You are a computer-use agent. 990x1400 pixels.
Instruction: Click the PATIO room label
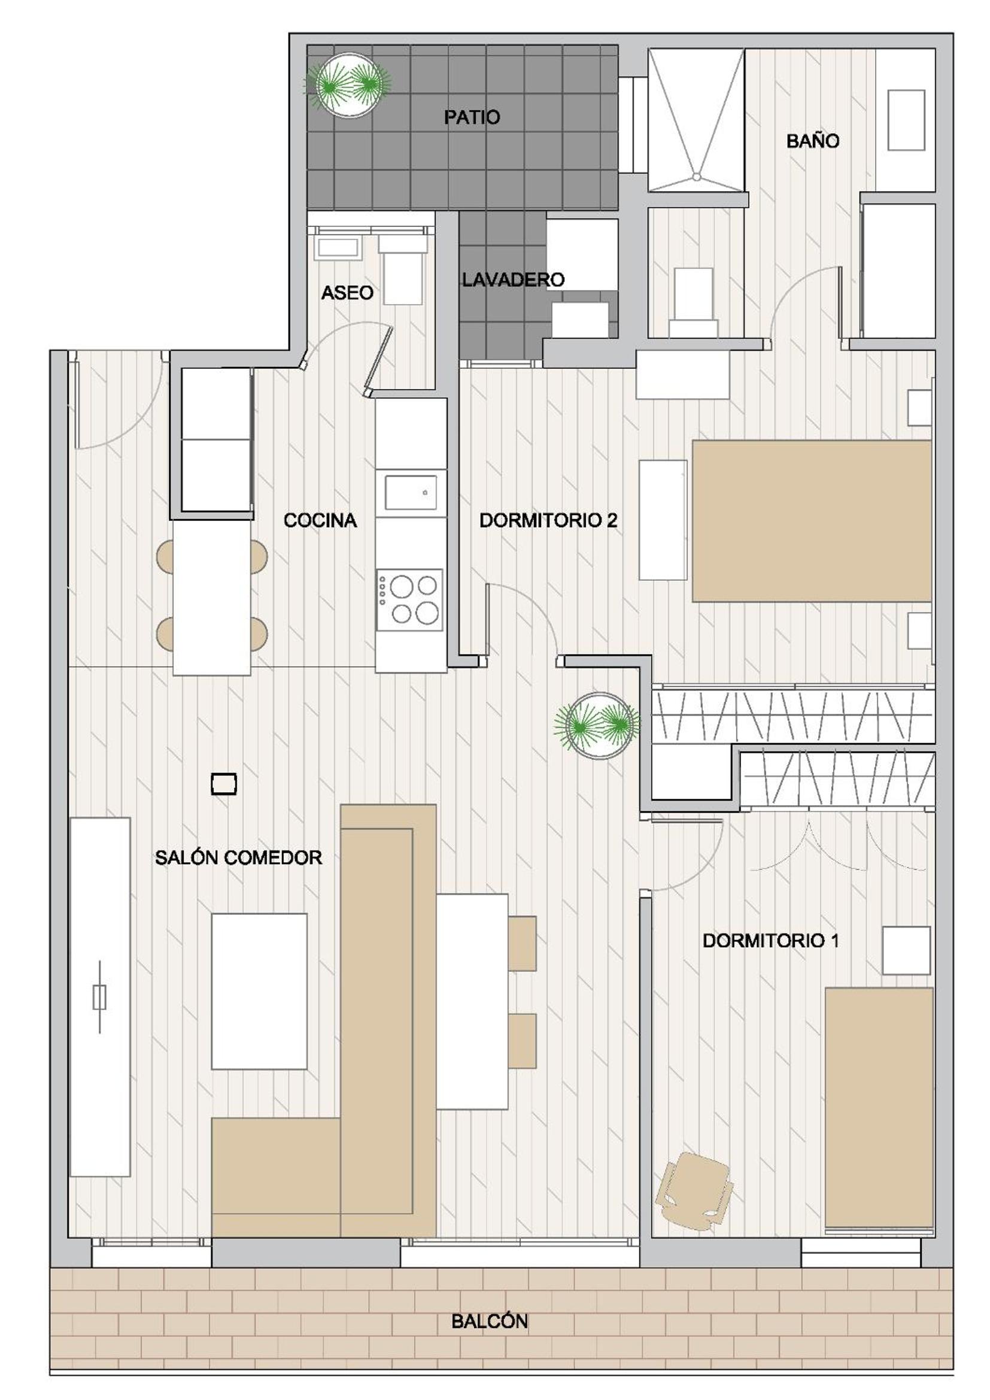point(472,117)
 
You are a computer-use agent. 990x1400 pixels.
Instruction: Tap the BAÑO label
point(813,141)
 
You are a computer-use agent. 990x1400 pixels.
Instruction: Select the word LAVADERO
point(513,280)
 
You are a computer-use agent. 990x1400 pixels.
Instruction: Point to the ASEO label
point(347,293)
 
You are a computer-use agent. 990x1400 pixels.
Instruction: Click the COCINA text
point(320,521)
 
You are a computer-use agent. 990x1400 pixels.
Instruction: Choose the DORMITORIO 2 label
point(549,521)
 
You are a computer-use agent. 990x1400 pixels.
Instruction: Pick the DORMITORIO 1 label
point(770,941)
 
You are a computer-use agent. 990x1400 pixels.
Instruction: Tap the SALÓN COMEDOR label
point(238,858)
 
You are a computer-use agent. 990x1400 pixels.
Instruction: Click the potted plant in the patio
point(347,85)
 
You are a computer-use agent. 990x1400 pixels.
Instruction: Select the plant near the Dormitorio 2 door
point(597,725)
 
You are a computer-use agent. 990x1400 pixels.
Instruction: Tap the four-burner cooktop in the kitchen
point(409,600)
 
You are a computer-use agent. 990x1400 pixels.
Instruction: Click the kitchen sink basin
point(409,492)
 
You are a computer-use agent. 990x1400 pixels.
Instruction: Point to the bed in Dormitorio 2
point(812,521)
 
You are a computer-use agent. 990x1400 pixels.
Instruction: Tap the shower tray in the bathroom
point(696,120)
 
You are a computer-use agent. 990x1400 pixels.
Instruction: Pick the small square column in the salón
point(224,784)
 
